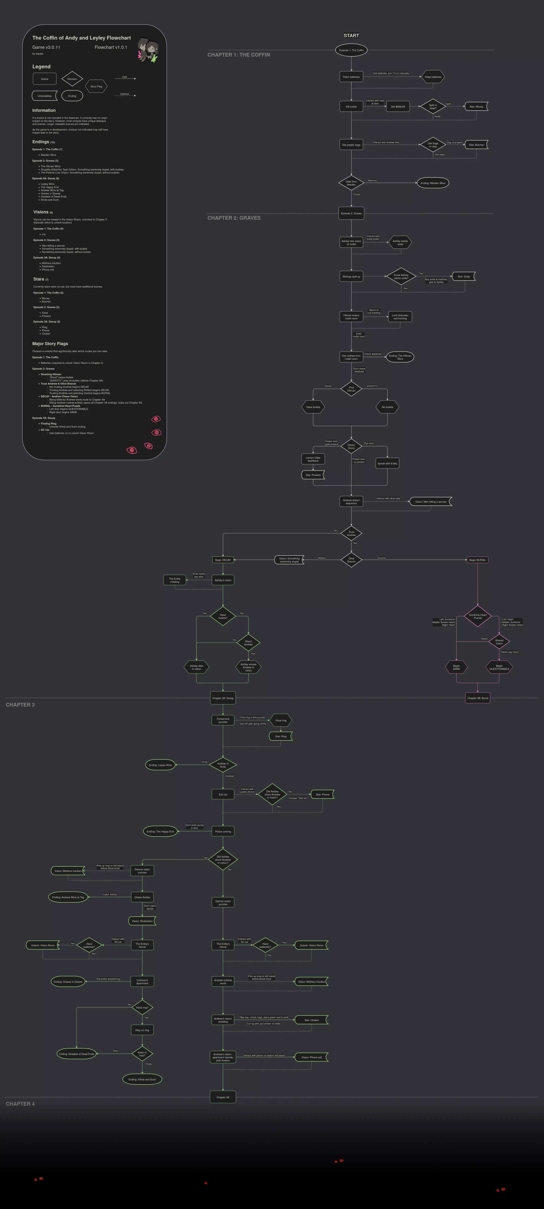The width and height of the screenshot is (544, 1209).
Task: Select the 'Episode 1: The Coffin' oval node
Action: [x=351, y=50]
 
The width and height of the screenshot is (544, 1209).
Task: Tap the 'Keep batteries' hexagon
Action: [x=433, y=77]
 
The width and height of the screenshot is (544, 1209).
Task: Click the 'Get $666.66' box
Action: [x=398, y=107]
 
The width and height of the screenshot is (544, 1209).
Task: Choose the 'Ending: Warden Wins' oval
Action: [x=433, y=183]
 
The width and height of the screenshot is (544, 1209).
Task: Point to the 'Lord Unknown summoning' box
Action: [x=400, y=317]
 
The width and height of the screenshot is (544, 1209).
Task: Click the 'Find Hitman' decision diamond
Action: [x=351, y=389]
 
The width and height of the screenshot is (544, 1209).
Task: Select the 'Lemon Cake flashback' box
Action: [x=313, y=459]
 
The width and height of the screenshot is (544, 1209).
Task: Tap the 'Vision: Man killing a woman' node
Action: [x=431, y=502]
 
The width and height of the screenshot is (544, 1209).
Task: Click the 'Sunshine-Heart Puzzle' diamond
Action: [x=477, y=616]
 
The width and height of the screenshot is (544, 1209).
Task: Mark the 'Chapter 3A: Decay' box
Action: [x=223, y=698]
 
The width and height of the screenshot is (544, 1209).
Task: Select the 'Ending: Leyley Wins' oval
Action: [x=160, y=765]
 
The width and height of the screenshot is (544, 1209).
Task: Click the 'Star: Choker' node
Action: [x=311, y=1020]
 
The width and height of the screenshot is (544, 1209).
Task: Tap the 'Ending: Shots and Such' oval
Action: [x=142, y=1080]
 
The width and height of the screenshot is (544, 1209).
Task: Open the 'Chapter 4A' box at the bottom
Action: [x=223, y=1097]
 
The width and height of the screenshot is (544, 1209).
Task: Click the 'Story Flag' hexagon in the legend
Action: [x=96, y=86]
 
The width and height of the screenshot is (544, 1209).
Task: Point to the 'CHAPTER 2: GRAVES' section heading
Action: [x=234, y=218]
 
